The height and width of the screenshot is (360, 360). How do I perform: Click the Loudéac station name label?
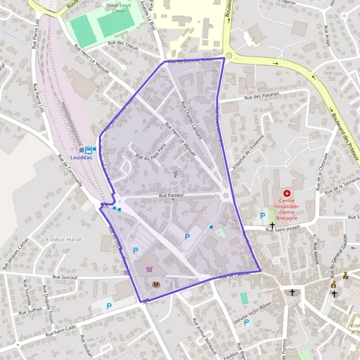tap(82, 157)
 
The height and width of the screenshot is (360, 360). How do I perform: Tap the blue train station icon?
tap(88, 149)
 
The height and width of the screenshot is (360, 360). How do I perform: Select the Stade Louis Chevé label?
tap(120, 7)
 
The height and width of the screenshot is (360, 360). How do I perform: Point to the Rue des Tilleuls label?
tap(123, 44)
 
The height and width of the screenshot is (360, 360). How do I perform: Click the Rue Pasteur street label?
tap(171, 196)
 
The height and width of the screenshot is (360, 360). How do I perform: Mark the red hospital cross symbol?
tap(287, 193)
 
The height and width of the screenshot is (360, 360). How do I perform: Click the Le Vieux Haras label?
tap(62, 239)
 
